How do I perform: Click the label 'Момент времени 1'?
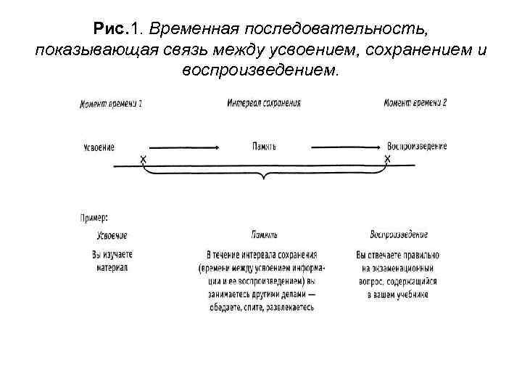(x=110, y=103)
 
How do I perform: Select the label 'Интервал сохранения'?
(x=264, y=103)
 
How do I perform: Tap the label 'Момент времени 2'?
(x=415, y=103)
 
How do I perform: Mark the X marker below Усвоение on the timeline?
(x=143, y=158)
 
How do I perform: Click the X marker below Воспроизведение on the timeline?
(x=387, y=158)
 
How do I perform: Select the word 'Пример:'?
(x=94, y=216)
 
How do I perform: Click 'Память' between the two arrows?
(x=265, y=147)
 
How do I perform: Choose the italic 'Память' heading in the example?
(x=265, y=235)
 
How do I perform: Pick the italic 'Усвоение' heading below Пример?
(x=112, y=235)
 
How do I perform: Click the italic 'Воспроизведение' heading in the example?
(x=399, y=234)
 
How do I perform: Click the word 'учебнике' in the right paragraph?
(x=411, y=294)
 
